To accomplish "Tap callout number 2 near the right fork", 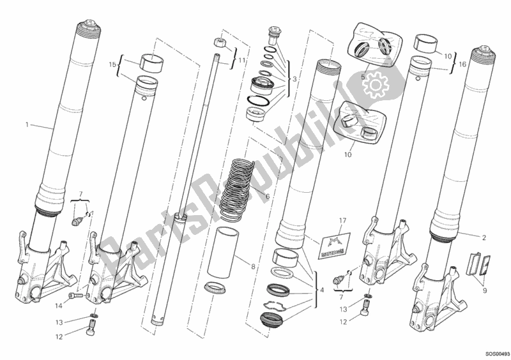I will point(484,238).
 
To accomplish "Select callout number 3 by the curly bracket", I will point(294,79).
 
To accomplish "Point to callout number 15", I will point(112,64).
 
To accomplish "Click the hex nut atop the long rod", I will point(220,44).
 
